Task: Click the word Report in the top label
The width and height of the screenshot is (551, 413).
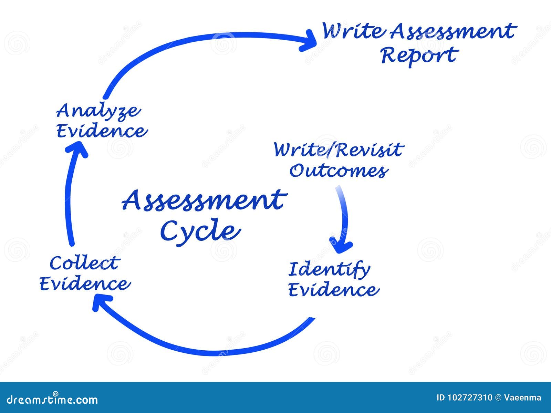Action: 419,55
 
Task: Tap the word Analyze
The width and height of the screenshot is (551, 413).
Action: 98,111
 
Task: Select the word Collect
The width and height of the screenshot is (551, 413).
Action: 84,264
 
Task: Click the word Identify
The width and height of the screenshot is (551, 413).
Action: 329,269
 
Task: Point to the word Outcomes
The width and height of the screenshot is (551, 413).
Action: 339,171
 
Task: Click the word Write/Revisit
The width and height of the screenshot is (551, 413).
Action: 338,150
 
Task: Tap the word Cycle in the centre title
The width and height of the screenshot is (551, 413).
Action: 200,230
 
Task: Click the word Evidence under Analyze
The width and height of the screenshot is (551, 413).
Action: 102,131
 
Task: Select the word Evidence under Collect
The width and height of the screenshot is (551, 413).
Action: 85,284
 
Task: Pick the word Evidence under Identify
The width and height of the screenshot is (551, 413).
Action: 333,290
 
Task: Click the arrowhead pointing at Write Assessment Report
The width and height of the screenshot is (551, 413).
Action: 309,41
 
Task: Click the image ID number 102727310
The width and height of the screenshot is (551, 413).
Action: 470,398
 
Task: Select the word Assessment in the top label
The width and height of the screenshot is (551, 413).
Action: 453,31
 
